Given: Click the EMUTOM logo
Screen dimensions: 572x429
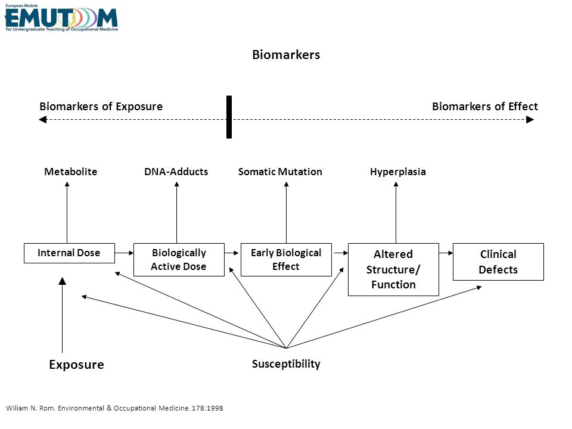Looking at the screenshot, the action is [61, 17].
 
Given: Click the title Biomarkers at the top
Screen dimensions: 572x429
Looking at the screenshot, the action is [286, 55].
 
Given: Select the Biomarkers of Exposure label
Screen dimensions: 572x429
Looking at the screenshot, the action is [101, 107].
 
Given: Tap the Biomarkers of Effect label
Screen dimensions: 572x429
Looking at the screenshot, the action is [485, 107].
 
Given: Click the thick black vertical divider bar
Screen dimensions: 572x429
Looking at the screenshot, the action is [229, 117].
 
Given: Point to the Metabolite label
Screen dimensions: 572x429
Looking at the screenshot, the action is [71, 172].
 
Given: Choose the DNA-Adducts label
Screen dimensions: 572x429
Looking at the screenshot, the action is [176, 172].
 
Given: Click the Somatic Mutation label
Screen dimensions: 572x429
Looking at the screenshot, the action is [280, 172].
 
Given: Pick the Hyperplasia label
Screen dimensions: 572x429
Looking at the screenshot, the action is [398, 172].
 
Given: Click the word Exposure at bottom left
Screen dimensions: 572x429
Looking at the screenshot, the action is [77, 365].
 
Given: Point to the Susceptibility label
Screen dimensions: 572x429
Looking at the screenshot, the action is [286, 364].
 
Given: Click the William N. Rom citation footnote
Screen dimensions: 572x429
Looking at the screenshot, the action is [114, 408].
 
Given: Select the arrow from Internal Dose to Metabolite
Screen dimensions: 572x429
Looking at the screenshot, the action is [67, 213].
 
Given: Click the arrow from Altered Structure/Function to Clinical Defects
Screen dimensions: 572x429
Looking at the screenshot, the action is [446, 253].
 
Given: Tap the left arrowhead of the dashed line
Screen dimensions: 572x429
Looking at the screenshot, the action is [42, 119].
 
